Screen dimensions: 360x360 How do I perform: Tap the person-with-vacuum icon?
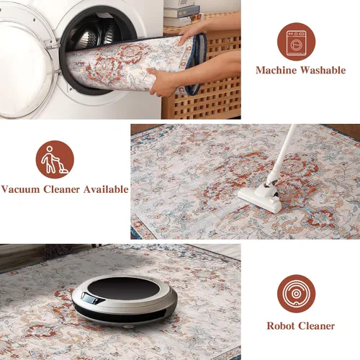[x=55, y=160]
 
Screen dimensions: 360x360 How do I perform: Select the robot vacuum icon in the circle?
[x=297, y=294]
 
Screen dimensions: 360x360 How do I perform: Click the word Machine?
[x=276, y=71]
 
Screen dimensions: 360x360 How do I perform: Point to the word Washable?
[x=323, y=70]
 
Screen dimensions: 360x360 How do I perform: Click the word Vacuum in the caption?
[x=20, y=189]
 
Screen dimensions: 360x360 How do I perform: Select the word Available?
[x=106, y=189]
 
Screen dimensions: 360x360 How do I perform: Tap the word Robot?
[x=281, y=326]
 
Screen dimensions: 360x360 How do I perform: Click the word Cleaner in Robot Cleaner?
[x=316, y=326]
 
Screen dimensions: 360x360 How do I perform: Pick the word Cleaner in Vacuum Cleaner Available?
[x=61, y=189]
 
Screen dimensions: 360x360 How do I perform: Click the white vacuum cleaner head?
[x=261, y=198]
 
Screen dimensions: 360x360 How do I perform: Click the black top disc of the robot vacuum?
[x=124, y=288]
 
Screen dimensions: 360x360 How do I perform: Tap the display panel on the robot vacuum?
[x=89, y=299]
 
